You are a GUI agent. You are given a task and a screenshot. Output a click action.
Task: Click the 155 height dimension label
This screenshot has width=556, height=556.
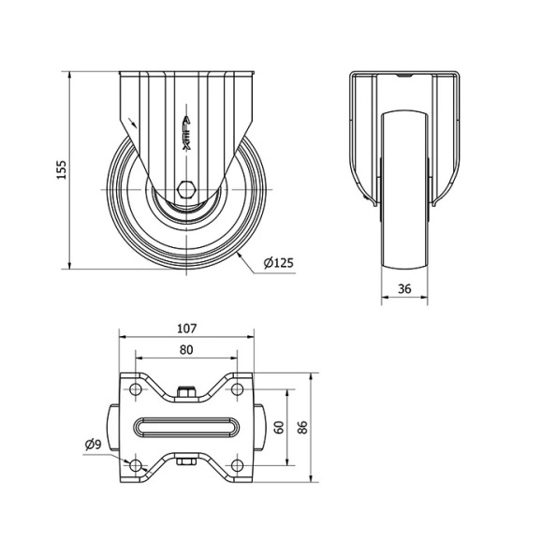tap(62, 169)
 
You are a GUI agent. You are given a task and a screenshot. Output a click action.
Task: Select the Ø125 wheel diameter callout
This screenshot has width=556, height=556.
tap(279, 263)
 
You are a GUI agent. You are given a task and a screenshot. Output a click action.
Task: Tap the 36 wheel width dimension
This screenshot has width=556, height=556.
tap(404, 289)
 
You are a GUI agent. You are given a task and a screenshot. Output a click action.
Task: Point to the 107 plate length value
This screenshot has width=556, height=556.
tap(186, 329)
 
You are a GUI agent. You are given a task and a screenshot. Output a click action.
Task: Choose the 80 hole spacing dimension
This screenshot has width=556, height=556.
tap(186, 350)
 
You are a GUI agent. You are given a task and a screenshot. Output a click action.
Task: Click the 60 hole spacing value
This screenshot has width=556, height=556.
tap(280, 427)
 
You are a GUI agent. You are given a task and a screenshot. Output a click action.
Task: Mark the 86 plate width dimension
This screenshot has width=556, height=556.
tap(302, 427)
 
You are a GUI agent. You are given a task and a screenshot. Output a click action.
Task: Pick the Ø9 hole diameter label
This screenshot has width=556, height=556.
tap(94, 444)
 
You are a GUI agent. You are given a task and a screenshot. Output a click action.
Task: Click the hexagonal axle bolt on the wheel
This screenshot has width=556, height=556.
tap(186, 190)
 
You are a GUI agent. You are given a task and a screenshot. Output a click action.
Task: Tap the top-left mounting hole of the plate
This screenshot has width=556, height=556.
tap(136, 389)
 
